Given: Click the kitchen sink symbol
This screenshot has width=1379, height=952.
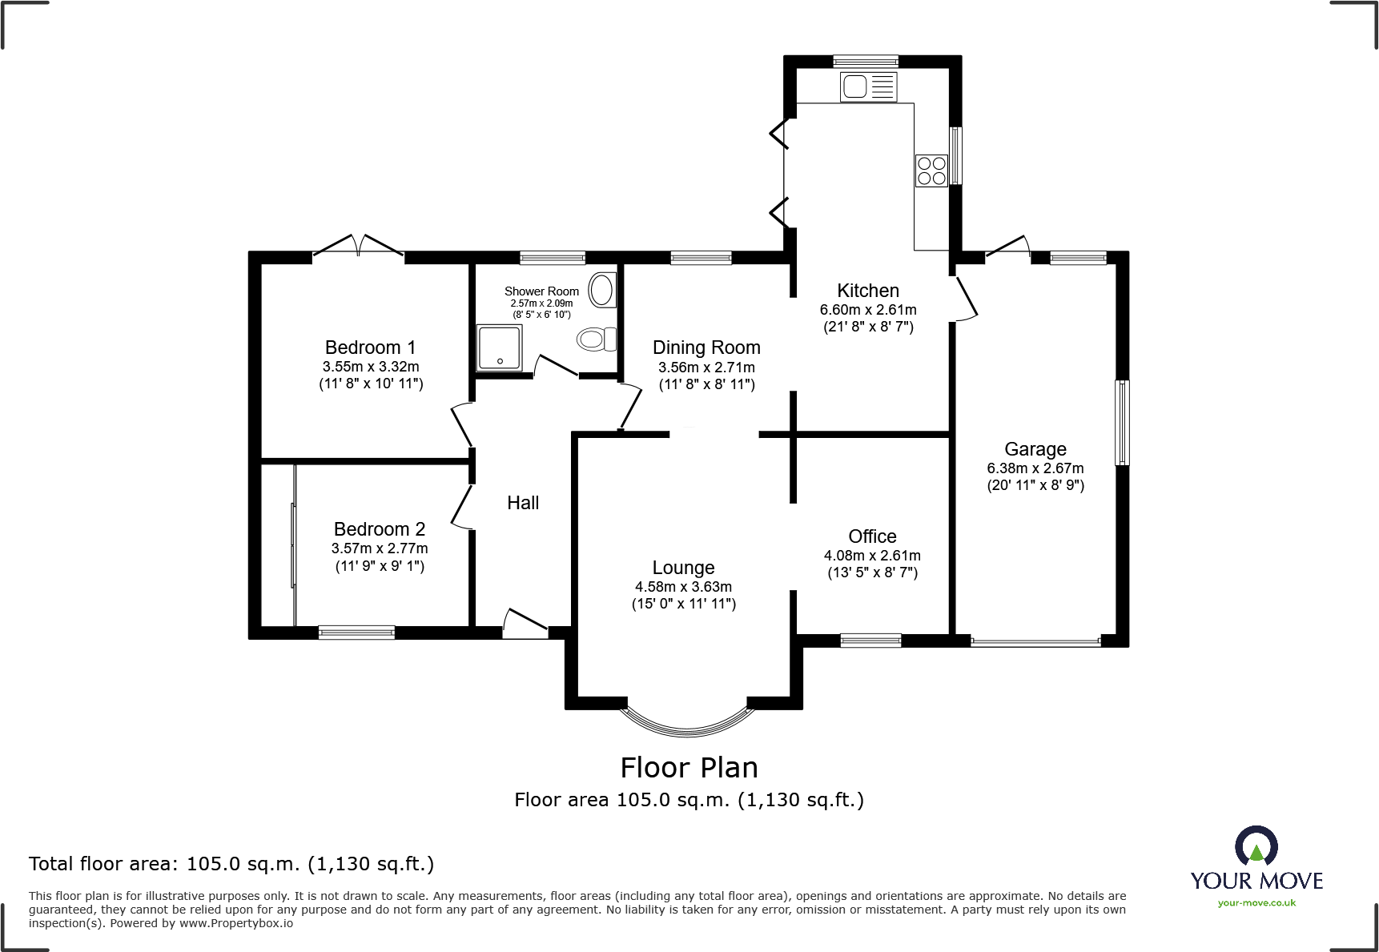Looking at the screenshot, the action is coord(868,86).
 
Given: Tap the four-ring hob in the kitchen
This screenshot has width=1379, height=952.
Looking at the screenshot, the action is coord(931,171).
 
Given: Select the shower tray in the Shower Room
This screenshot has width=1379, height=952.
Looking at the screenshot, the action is coord(499,348).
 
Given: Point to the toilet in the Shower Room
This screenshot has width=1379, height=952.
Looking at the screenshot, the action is coord(597,339).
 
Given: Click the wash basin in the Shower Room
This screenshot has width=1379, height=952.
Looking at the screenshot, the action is coord(602,291).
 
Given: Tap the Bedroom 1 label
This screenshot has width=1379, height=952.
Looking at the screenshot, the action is coord(370,347).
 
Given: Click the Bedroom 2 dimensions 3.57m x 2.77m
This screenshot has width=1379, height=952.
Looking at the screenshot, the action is coord(380,548).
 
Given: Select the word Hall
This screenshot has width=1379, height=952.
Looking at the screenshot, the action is coord(523,503).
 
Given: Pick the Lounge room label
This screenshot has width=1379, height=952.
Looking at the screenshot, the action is coord(683,568).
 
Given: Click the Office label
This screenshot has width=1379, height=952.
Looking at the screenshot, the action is coord(872,536).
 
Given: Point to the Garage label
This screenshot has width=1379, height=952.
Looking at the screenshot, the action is coord(1035,449).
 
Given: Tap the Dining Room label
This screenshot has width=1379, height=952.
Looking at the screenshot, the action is coord(706,347).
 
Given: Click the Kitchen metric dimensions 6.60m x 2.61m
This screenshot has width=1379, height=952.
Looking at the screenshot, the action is coord(868,310).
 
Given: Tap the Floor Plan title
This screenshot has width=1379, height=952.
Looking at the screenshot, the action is coord(689,768).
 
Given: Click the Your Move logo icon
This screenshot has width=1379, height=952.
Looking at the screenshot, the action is coord(1256,846).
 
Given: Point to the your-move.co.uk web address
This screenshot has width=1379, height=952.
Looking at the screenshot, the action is coord(1256,903).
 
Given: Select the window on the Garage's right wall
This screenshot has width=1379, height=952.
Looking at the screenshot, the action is coord(1122,422).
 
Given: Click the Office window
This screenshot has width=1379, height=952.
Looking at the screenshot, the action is coord(870,640).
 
